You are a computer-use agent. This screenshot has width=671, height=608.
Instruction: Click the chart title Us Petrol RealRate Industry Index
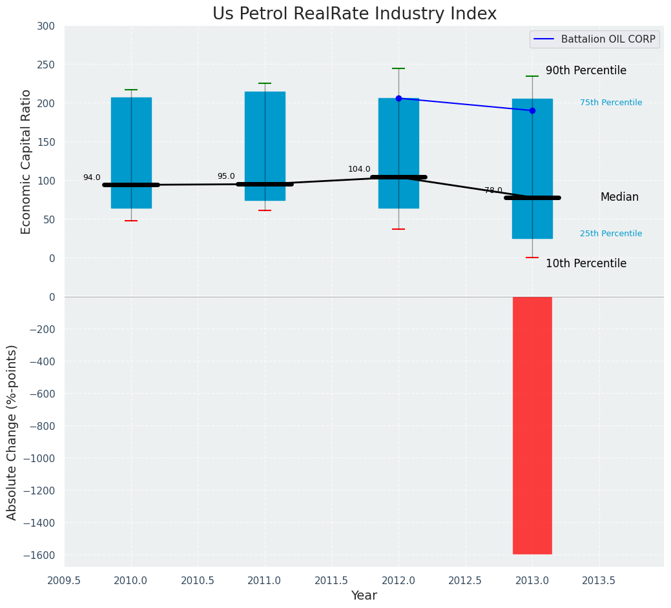click(355, 14)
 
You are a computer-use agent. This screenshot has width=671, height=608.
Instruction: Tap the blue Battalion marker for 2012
click(398, 99)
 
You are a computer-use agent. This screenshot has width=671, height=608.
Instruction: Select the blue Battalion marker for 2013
click(532, 110)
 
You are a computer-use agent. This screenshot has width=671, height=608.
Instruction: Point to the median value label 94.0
click(92, 177)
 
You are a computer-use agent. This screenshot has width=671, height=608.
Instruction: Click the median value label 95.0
click(226, 176)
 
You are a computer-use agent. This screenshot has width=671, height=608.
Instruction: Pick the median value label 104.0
click(359, 169)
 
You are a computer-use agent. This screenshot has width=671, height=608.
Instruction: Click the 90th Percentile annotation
click(586, 70)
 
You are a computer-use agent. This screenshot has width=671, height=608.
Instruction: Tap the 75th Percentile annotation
click(611, 103)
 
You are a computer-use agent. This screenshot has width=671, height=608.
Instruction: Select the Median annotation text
click(619, 198)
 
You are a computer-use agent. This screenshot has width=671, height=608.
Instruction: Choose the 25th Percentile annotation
click(611, 234)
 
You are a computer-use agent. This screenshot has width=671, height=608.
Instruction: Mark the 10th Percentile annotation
click(586, 263)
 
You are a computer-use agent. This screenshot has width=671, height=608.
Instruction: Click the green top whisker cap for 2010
click(131, 90)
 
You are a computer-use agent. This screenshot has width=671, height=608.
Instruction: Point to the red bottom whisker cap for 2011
click(265, 210)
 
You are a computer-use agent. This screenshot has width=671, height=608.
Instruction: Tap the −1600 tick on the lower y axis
click(40, 555)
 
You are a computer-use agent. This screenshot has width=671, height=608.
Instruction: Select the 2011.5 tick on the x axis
click(332, 580)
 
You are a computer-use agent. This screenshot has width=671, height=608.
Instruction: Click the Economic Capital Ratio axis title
click(26, 161)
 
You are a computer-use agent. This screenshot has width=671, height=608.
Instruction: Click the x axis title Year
click(364, 596)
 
